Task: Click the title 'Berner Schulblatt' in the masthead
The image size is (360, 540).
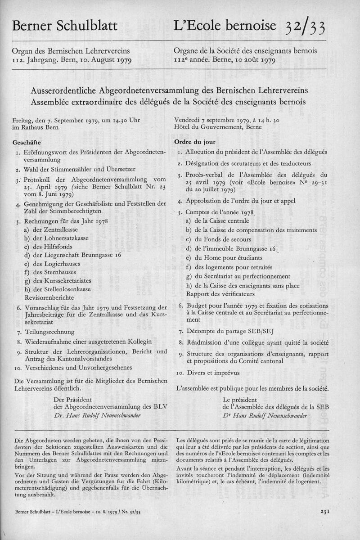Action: coord(66,27)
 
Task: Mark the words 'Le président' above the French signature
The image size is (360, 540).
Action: coord(240,399)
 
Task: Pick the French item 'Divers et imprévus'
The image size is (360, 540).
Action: coord(209,373)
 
